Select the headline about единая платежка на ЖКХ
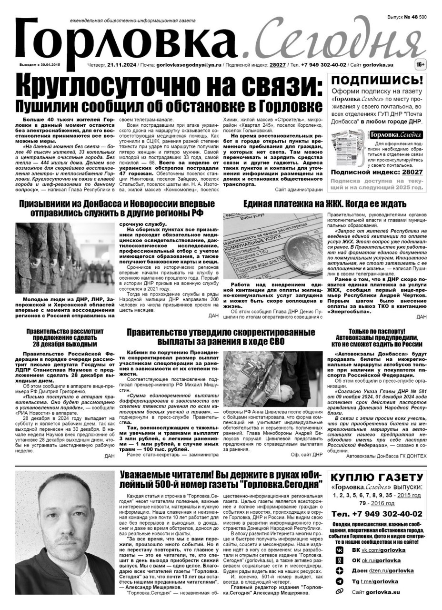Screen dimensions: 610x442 (x=325, y=204)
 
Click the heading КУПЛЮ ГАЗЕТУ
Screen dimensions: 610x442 (x=377, y=478)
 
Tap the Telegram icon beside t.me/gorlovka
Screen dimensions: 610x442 (x=339, y=581)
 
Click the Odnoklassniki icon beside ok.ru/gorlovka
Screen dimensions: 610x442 (x=339, y=560)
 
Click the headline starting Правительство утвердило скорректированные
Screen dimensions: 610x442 (x=221, y=337)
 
